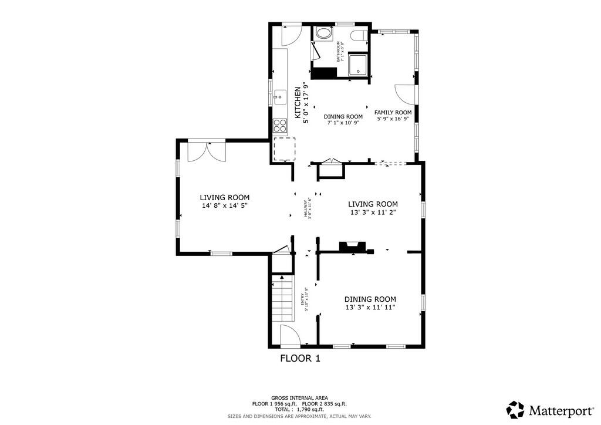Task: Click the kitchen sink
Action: coord(280,96)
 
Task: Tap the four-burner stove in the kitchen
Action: coord(280,125)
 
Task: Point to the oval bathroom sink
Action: coord(323,33)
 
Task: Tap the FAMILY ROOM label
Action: coord(393,112)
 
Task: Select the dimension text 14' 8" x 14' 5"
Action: coord(224,206)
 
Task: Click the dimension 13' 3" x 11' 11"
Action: coord(370,307)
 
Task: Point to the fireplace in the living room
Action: coord(354,246)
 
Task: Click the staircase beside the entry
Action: coord(282,299)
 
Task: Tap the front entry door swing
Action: coord(289,335)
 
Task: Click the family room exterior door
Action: coord(405,95)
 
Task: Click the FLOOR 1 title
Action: coord(300,357)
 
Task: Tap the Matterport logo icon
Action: coord(515,409)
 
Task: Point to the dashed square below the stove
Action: coord(284,149)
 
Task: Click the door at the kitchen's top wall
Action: coord(291,35)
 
